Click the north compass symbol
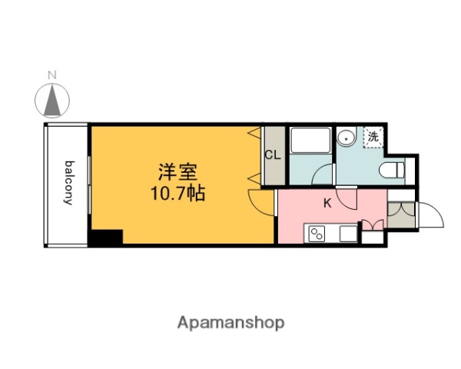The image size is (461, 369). (x=52, y=99)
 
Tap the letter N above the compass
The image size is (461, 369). (x=52, y=75)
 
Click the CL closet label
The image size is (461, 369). (x=273, y=155)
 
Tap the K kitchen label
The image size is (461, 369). (x=327, y=203)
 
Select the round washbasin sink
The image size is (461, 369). (x=347, y=138)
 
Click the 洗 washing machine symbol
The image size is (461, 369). (x=373, y=138)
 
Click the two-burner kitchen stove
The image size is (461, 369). (x=317, y=233)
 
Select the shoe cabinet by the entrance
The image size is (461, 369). (x=400, y=214)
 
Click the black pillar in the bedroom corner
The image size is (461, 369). (x=105, y=238)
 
